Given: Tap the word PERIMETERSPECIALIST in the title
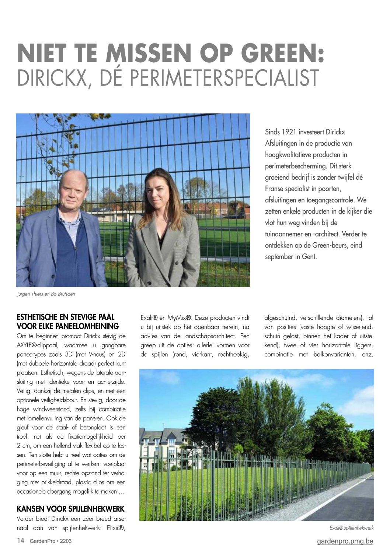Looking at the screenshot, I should point(205,78).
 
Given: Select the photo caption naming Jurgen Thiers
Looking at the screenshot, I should point(48,294).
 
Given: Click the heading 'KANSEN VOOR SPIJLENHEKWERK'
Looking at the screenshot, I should point(70,509).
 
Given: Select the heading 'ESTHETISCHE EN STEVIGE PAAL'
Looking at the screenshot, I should point(66,317).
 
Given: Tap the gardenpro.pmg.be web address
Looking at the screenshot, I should point(345,541).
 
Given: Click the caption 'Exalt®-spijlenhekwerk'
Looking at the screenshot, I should point(351,528).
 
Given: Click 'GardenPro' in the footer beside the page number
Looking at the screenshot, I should point(41,541).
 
